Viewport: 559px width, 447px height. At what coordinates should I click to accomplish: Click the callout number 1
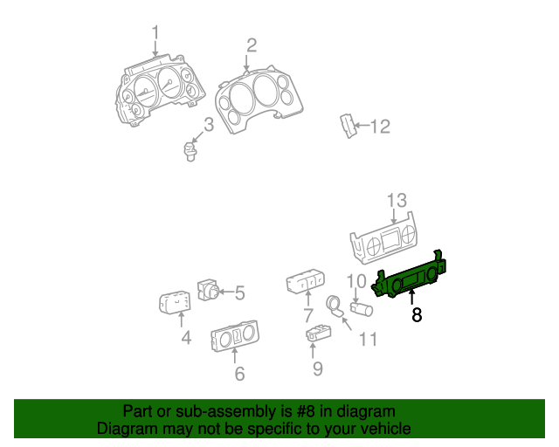(155, 35)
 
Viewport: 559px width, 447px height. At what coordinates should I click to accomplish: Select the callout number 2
(251, 45)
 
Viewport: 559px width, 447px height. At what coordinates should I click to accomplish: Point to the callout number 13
(397, 200)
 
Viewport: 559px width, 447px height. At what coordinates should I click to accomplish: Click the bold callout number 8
(417, 315)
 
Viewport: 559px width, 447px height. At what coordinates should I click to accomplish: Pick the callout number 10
(356, 281)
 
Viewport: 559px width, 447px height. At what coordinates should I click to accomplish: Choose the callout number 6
(238, 375)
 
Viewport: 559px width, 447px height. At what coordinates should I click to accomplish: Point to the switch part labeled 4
(176, 303)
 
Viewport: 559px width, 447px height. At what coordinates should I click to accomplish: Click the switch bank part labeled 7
(305, 283)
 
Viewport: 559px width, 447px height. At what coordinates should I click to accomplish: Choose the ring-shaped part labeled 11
(334, 306)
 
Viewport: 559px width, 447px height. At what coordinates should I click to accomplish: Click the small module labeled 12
(349, 126)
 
